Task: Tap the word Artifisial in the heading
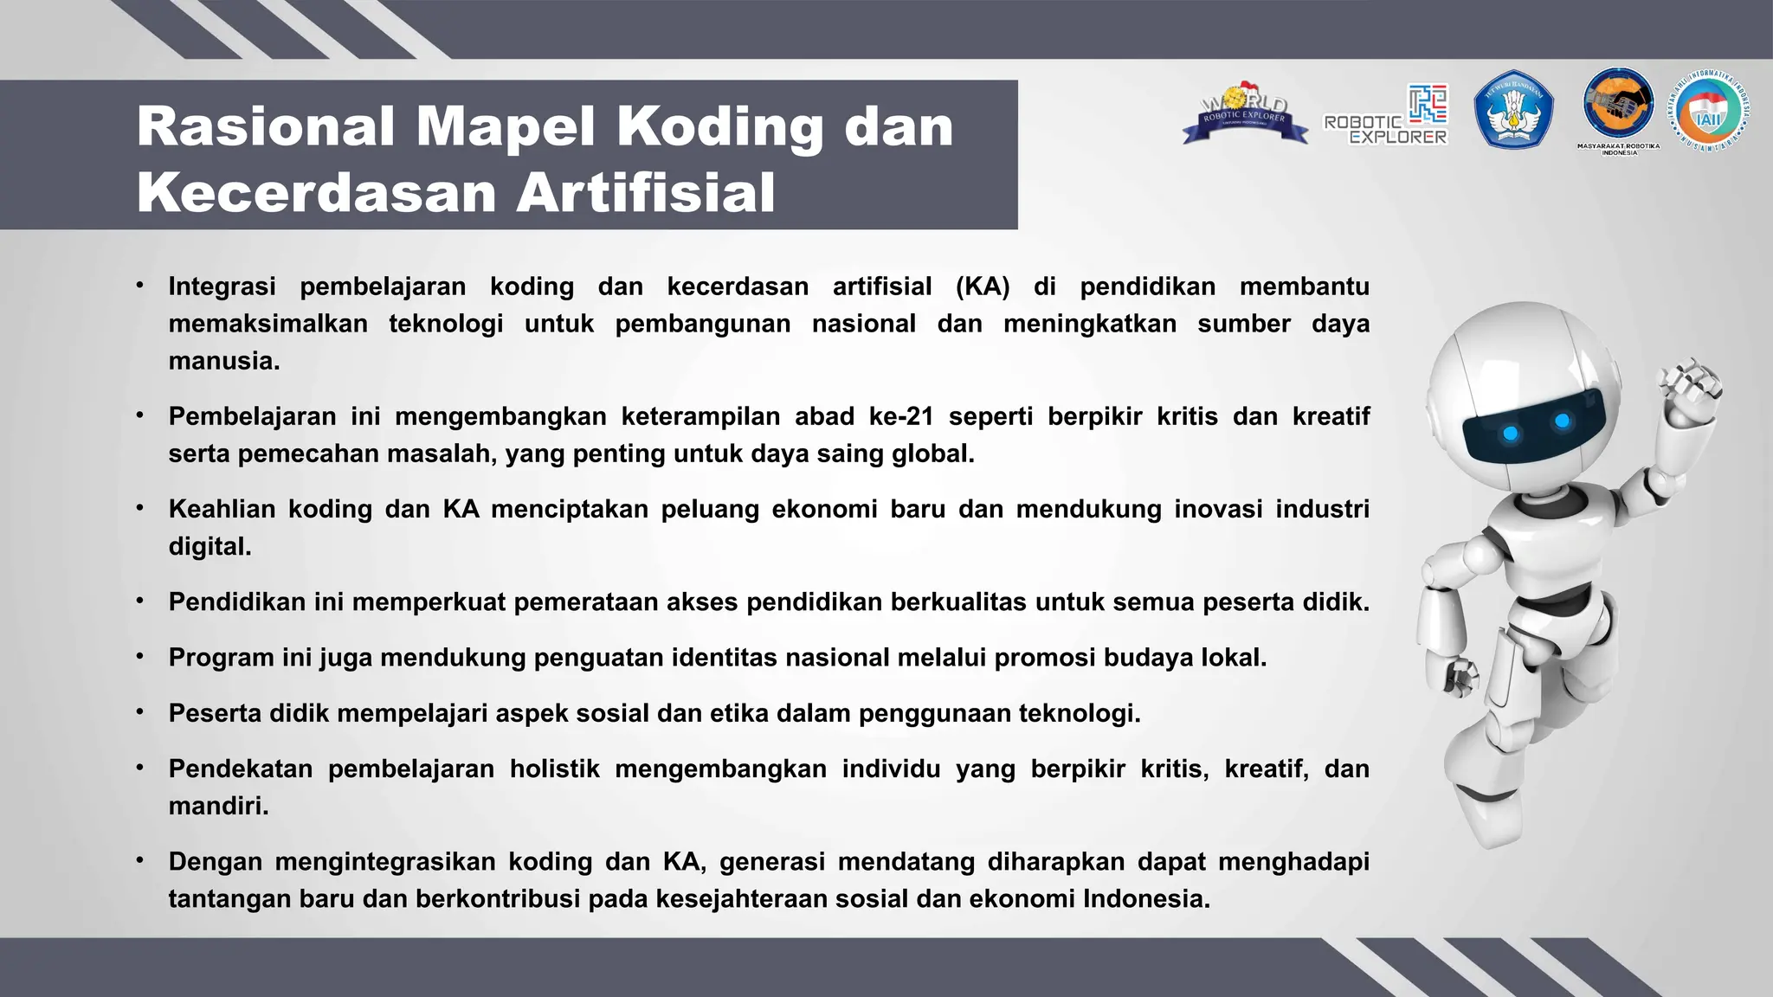coord(645,192)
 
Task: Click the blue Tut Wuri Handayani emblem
coord(1513,109)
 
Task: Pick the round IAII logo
coord(1710,111)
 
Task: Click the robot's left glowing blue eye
coord(1511,433)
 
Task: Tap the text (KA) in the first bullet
coord(983,286)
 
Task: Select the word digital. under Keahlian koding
coord(210,546)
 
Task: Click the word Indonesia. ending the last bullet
coord(1146,899)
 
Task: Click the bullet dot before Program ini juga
coord(139,656)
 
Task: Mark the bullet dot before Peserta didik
coord(139,711)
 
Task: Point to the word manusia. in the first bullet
coord(223,361)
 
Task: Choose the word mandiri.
coord(218,806)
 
